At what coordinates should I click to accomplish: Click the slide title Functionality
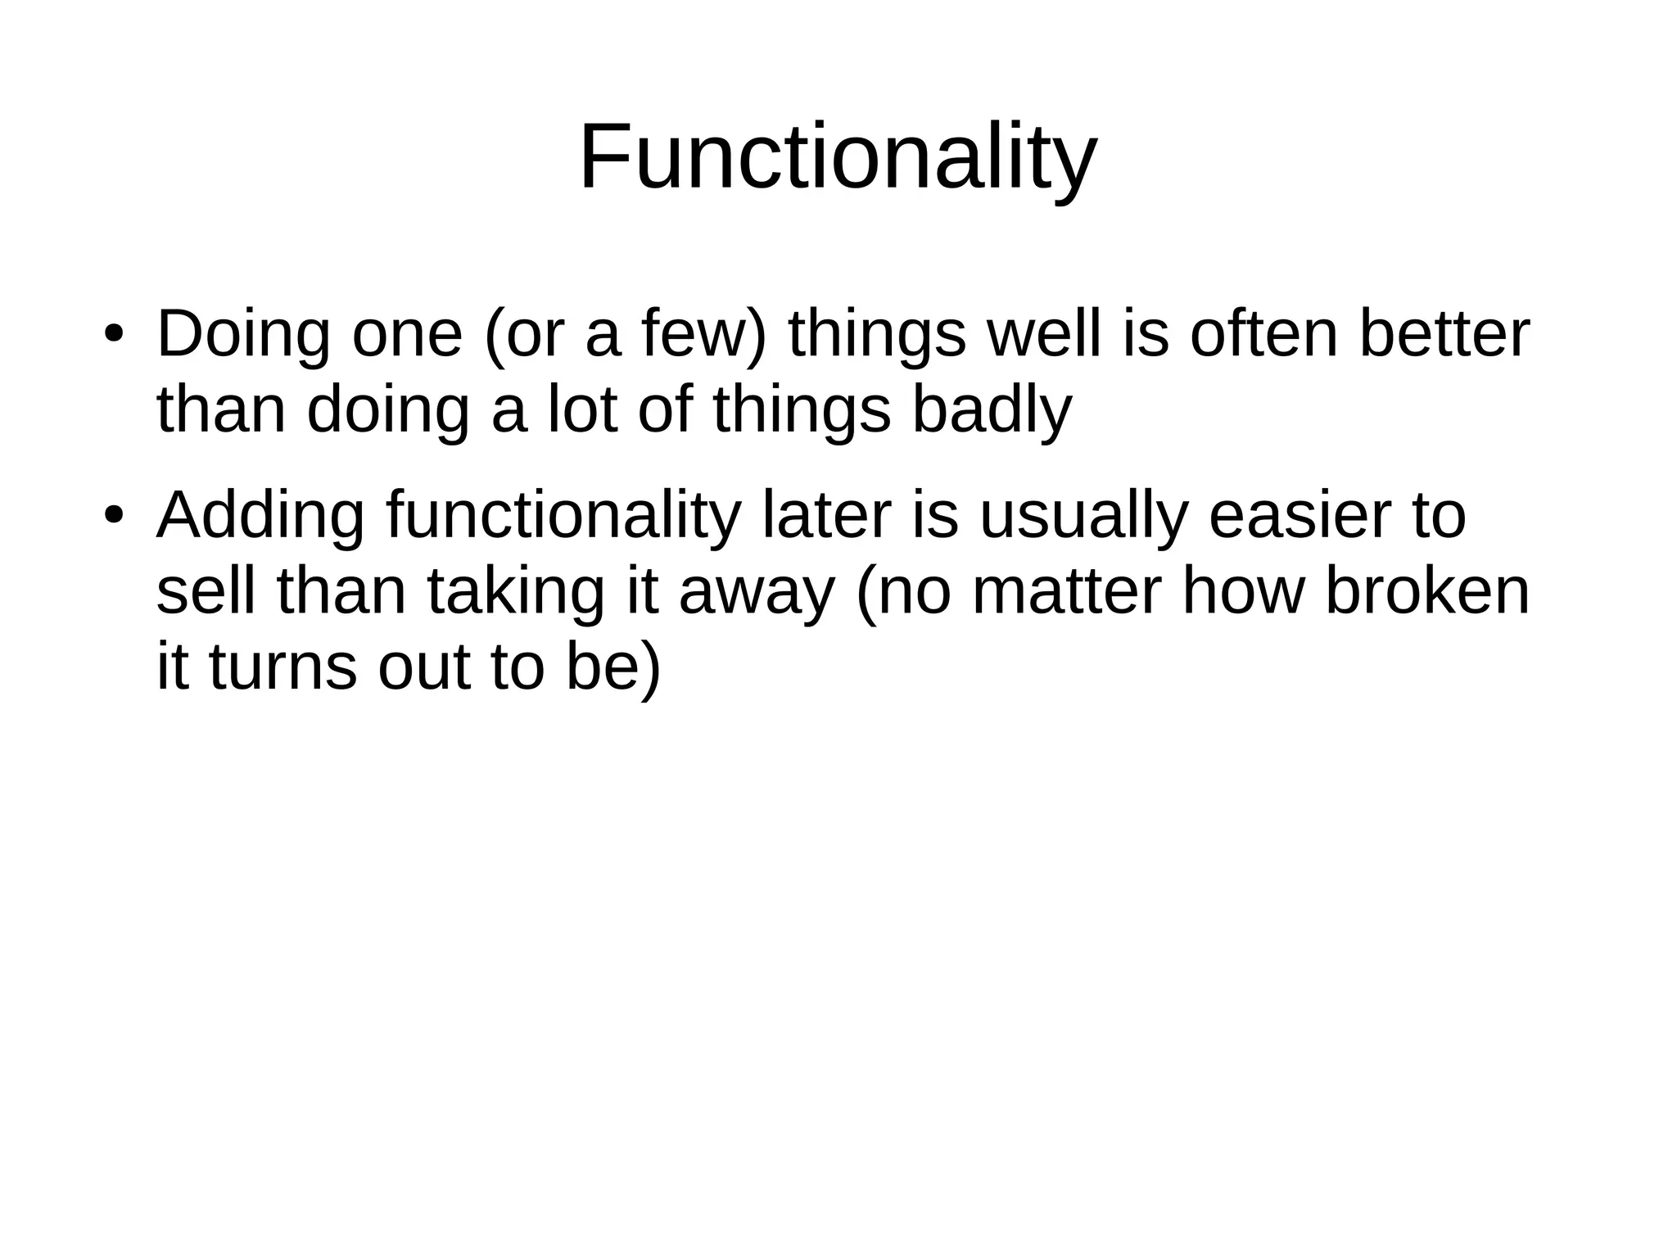click(837, 157)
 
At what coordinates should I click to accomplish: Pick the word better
click(1444, 335)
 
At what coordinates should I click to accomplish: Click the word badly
click(992, 411)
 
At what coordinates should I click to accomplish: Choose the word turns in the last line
click(283, 668)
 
